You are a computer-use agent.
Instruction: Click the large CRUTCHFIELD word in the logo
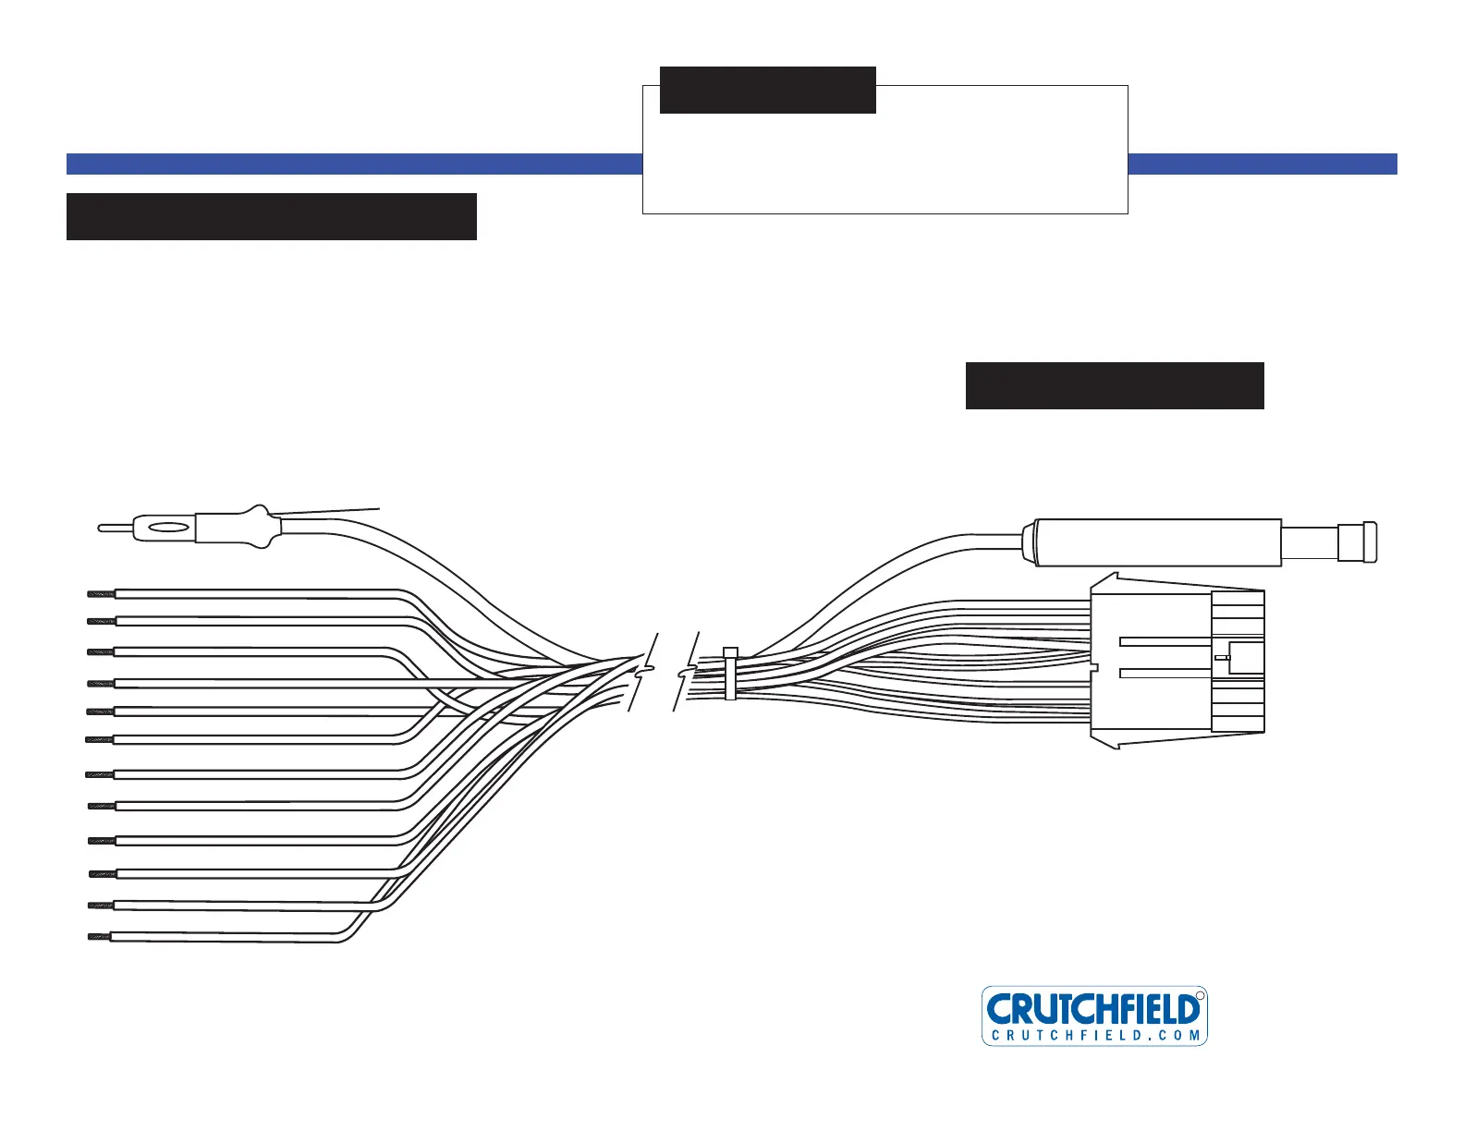tap(1093, 1008)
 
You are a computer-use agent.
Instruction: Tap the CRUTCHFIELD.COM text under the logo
tap(1095, 1036)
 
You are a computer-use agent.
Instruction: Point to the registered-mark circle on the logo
tap(1200, 995)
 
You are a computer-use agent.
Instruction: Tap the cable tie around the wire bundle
tap(730, 673)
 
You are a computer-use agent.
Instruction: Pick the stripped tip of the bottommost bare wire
tap(99, 937)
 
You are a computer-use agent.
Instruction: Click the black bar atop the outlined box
tap(767, 90)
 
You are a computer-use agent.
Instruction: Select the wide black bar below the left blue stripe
tap(271, 216)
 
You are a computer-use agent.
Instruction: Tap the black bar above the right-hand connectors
tap(1114, 385)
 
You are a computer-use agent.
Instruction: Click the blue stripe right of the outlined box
tap(1262, 164)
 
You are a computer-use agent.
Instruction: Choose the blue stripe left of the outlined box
tap(354, 164)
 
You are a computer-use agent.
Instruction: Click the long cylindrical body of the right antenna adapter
tap(1155, 542)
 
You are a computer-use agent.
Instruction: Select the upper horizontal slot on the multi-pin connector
tap(1164, 640)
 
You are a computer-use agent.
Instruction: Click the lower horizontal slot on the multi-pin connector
tap(1164, 673)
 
